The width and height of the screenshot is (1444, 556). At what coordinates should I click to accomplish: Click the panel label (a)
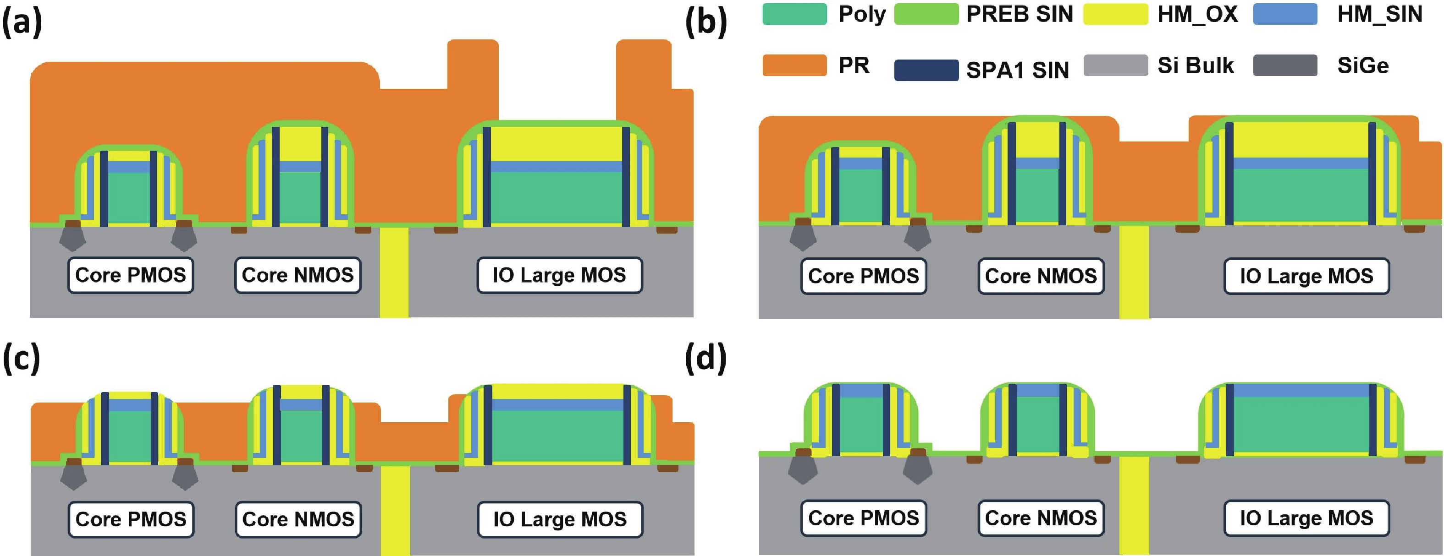point(22,23)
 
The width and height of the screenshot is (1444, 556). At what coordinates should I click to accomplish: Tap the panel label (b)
point(706,23)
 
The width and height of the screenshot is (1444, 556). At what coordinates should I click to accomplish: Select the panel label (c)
point(21,358)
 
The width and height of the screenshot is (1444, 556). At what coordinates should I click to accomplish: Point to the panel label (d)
point(706,358)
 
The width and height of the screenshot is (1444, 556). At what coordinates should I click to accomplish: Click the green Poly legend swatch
point(794,14)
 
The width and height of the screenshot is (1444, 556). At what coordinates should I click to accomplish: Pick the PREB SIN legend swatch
point(926,14)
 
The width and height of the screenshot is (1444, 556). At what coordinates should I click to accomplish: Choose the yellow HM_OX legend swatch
point(1115,14)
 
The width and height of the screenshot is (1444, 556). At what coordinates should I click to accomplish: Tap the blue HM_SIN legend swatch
point(1285,14)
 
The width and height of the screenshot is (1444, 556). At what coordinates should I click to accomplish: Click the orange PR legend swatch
point(794,65)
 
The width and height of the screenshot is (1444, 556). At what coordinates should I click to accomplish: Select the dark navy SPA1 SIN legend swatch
point(926,70)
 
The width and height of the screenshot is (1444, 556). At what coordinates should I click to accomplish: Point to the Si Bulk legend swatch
point(1115,65)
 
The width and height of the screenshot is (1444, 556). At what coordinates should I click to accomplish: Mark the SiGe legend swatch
point(1285,65)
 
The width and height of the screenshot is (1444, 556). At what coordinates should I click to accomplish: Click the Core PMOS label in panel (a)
point(131,275)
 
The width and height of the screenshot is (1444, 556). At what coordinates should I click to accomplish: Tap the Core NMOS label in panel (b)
point(1041,276)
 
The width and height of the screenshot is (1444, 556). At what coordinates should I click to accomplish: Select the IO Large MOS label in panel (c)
point(559,519)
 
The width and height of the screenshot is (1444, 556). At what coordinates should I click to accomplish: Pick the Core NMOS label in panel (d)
point(1041,518)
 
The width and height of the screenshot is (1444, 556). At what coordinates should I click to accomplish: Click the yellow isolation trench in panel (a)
point(394,272)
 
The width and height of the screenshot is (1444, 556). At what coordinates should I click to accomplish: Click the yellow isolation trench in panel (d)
point(1134,504)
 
